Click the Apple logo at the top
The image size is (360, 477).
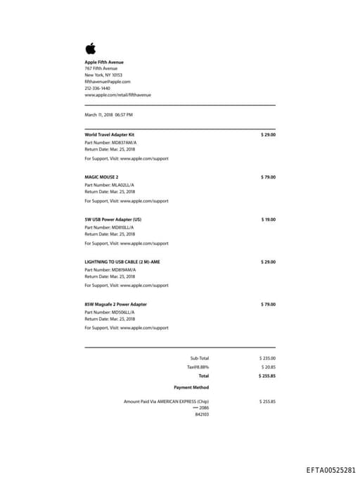(x=90, y=49)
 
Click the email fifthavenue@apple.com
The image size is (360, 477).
(x=108, y=82)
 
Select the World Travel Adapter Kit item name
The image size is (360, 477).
(x=109, y=134)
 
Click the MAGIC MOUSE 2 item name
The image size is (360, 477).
(x=101, y=177)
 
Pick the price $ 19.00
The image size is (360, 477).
(x=268, y=220)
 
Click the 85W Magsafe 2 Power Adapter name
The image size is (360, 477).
(x=116, y=304)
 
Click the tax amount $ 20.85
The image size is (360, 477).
(x=269, y=367)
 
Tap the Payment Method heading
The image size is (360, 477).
(x=191, y=387)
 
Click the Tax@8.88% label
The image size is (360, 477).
(x=198, y=367)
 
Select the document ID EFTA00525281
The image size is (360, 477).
(x=330, y=469)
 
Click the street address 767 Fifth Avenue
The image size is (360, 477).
(x=101, y=68)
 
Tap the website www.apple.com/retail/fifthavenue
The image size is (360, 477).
(x=117, y=95)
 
